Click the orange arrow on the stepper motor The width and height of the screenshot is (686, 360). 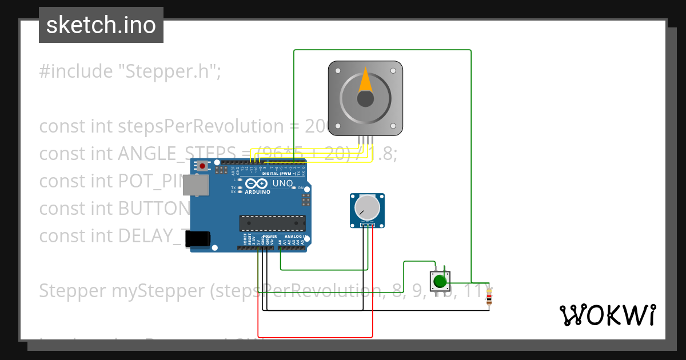tap(365, 81)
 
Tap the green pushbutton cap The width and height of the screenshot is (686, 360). tap(440, 281)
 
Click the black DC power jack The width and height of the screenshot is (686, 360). tap(198, 239)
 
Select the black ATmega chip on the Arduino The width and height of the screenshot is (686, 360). tap(272, 223)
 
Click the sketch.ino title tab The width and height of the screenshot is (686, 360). tap(101, 25)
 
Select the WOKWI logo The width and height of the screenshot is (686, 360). tap(607, 315)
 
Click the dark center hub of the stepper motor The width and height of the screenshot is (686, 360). tap(365, 99)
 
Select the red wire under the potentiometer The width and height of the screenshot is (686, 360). tap(373, 286)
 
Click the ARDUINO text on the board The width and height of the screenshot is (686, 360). tap(258, 193)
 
